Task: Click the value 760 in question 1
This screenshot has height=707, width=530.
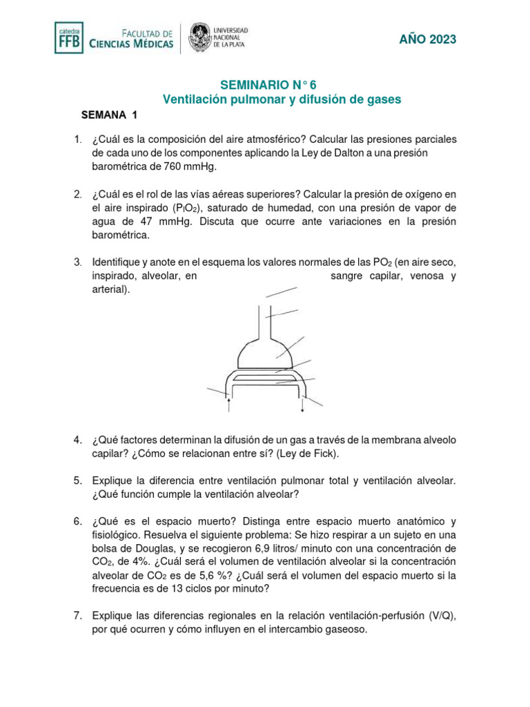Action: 175,166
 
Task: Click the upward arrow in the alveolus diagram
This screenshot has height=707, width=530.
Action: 228,405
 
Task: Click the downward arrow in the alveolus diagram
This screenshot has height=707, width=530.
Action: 302,405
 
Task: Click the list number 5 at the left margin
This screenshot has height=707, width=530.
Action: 78,481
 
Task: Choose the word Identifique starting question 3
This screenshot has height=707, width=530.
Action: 117,263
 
